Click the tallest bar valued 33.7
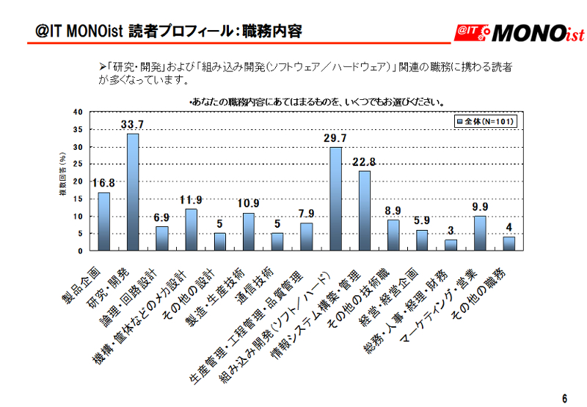[133, 192]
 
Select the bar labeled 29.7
[335, 198]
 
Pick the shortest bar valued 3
[451, 245]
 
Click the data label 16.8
[103, 182]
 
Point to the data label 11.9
[191, 199]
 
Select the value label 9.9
[480, 206]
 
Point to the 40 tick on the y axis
[78, 112]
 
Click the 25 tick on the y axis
[78, 164]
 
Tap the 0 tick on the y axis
[80, 251]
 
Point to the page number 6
[564, 397]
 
